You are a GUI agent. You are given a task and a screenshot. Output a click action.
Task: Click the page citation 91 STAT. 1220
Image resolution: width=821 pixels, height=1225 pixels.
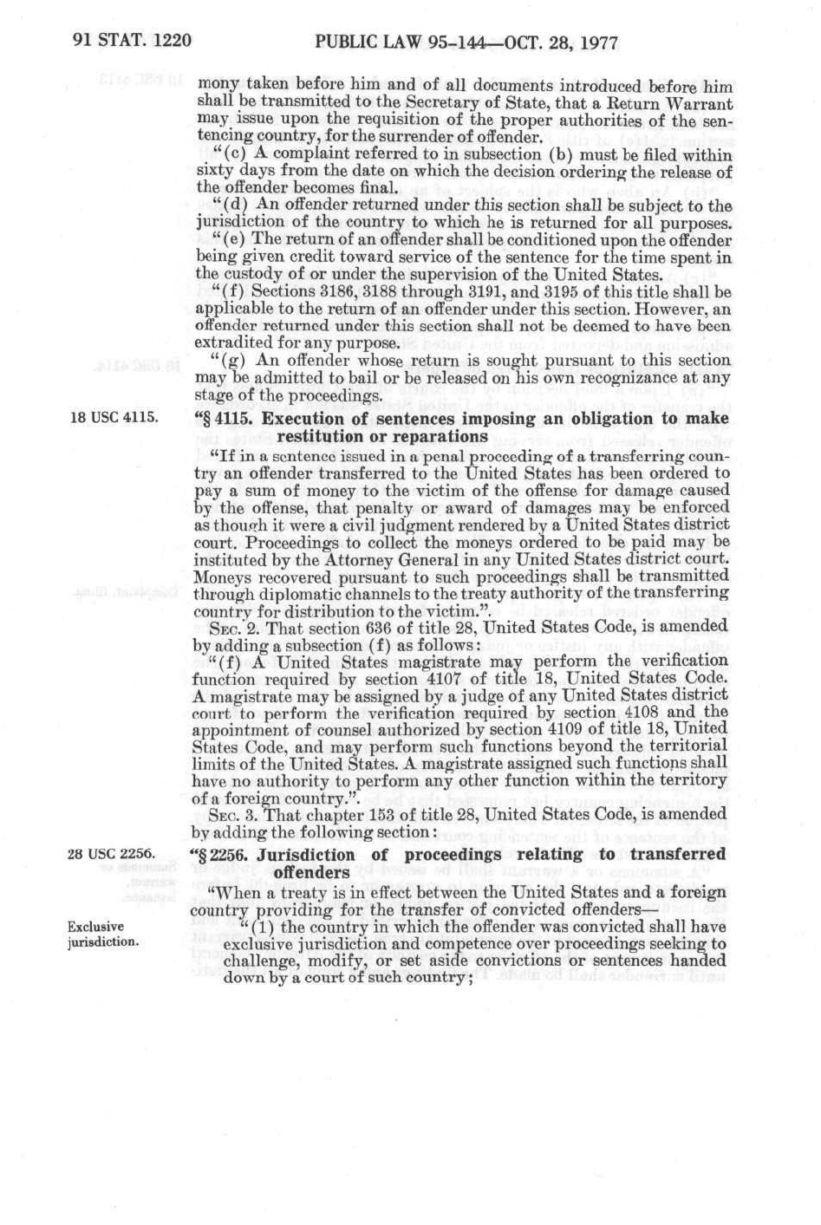126,41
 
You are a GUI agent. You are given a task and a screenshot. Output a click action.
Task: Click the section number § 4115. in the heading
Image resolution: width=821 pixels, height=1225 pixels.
230,420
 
